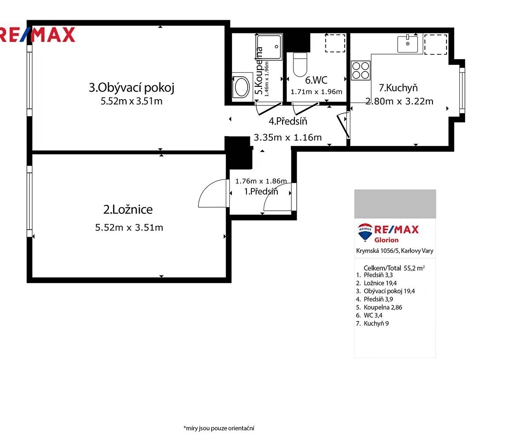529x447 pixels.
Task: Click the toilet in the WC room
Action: (x=300, y=64)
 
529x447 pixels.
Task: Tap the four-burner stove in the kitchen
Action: (x=361, y=71)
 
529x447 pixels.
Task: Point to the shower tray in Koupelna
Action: (x=269, y=47)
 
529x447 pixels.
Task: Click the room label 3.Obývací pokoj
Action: (x=131, y=88)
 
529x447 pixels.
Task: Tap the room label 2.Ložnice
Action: (x=128, y=209)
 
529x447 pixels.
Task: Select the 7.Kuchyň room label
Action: (x=398, y=88)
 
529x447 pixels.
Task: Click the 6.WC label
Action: (x=316, y=80)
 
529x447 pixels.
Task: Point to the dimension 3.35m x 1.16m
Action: (x=288, y=138)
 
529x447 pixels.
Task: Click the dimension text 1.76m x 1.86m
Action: (x=261, y=181)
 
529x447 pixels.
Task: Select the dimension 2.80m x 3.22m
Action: (x=399, y=101)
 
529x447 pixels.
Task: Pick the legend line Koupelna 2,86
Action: (x=379, y=307)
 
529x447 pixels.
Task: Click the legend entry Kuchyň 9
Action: (x=372, y=324)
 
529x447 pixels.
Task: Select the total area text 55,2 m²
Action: (x=414, y=268)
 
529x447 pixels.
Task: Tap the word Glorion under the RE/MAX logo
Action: (x=386, y=240)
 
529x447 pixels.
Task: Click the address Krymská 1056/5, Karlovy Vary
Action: (x=395, y=251)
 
